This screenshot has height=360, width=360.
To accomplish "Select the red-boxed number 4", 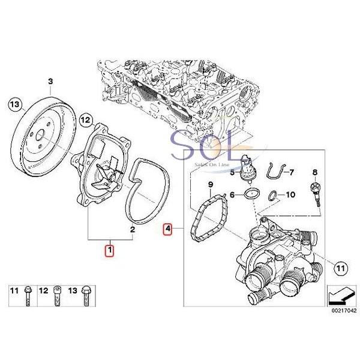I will coord(168,229).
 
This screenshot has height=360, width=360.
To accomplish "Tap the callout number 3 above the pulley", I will coord(50,81).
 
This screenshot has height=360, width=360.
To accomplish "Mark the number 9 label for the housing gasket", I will coord(211,184).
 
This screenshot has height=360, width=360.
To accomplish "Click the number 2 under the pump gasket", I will coord(132,229).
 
